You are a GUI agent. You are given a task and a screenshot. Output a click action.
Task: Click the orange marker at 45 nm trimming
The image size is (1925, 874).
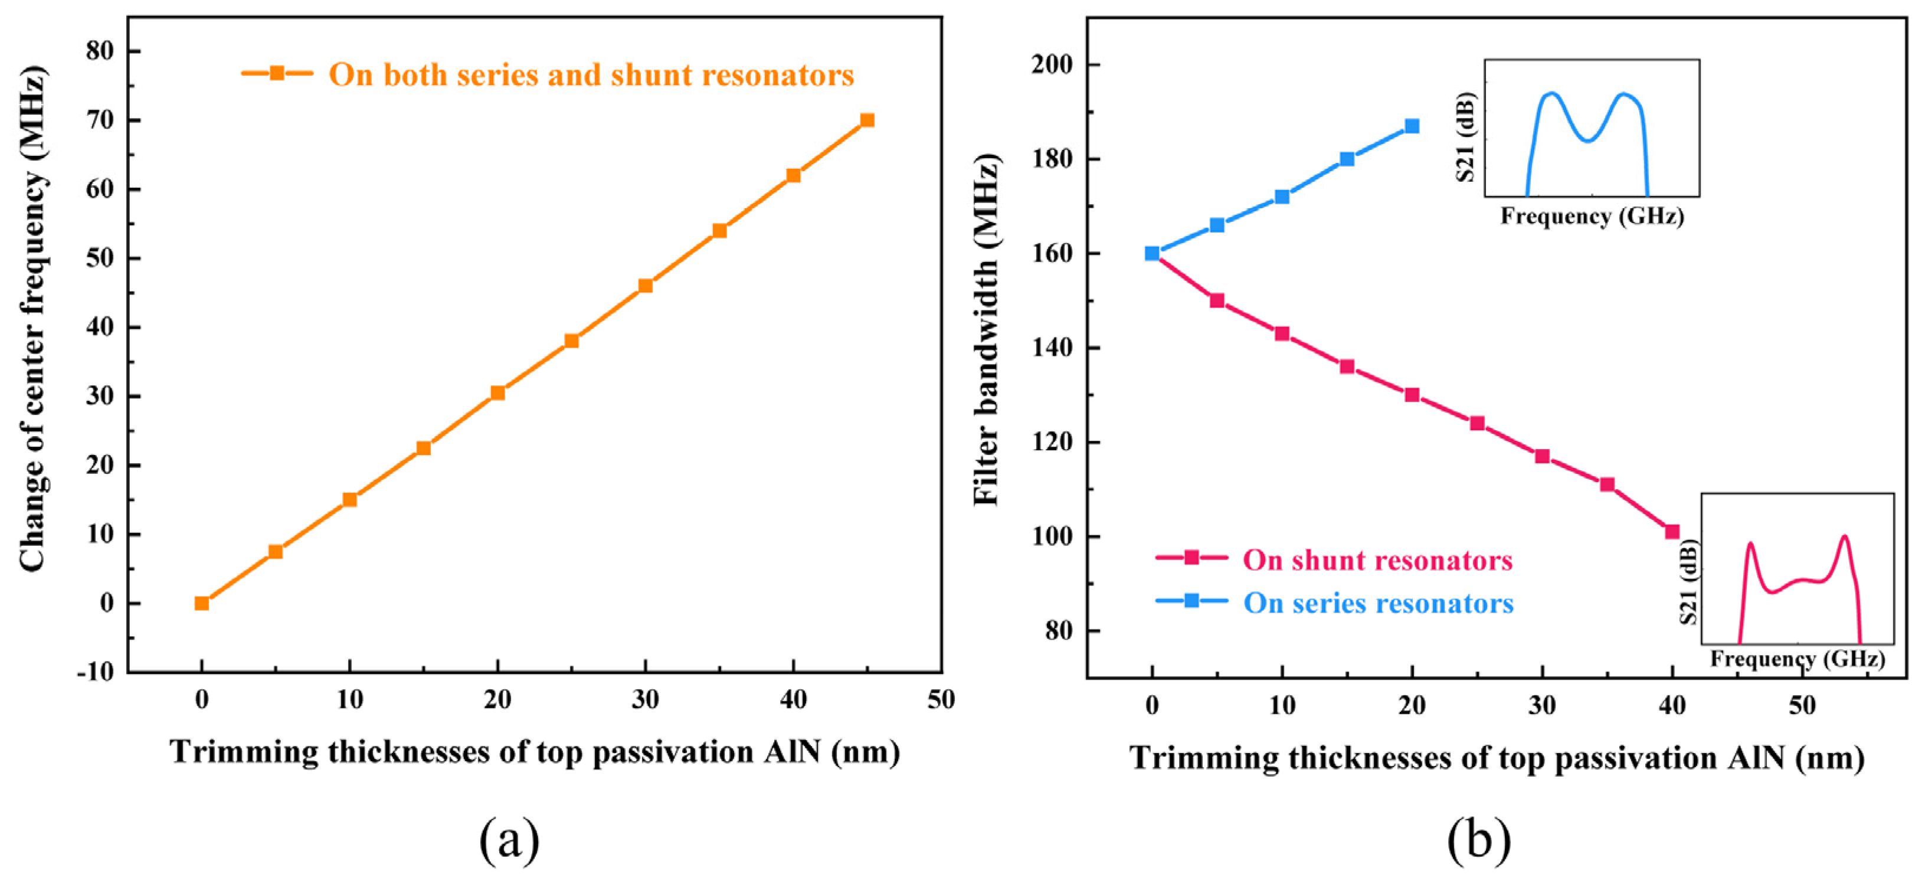point(867,120)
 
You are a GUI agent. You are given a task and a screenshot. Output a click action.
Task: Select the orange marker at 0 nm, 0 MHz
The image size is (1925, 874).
point(202,603)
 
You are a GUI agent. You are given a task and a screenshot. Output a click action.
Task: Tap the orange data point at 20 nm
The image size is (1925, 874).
point(497,393)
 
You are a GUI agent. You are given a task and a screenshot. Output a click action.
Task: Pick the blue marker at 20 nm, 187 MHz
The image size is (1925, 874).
point(1412,126)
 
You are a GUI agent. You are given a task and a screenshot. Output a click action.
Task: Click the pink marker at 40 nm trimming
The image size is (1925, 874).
point(1672,532)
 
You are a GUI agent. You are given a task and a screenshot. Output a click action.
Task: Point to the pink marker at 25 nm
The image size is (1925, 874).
point(1477,424)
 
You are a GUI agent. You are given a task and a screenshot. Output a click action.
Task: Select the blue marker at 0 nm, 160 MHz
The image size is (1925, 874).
point(1153,254)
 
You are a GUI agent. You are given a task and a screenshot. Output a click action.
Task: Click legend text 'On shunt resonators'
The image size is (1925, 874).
point(1377,560)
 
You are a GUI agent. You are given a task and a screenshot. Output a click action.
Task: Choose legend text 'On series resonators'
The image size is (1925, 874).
point(1378,604)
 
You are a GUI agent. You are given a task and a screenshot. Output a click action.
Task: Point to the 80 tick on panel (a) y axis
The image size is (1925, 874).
point(100,51)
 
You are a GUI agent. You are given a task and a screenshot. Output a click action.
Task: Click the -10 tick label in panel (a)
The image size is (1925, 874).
point(96,672)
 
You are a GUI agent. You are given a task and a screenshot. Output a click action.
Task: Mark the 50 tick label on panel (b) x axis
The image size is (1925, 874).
point(1802,705)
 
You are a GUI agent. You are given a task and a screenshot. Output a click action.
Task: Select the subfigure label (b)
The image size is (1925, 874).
point(1478,840)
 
